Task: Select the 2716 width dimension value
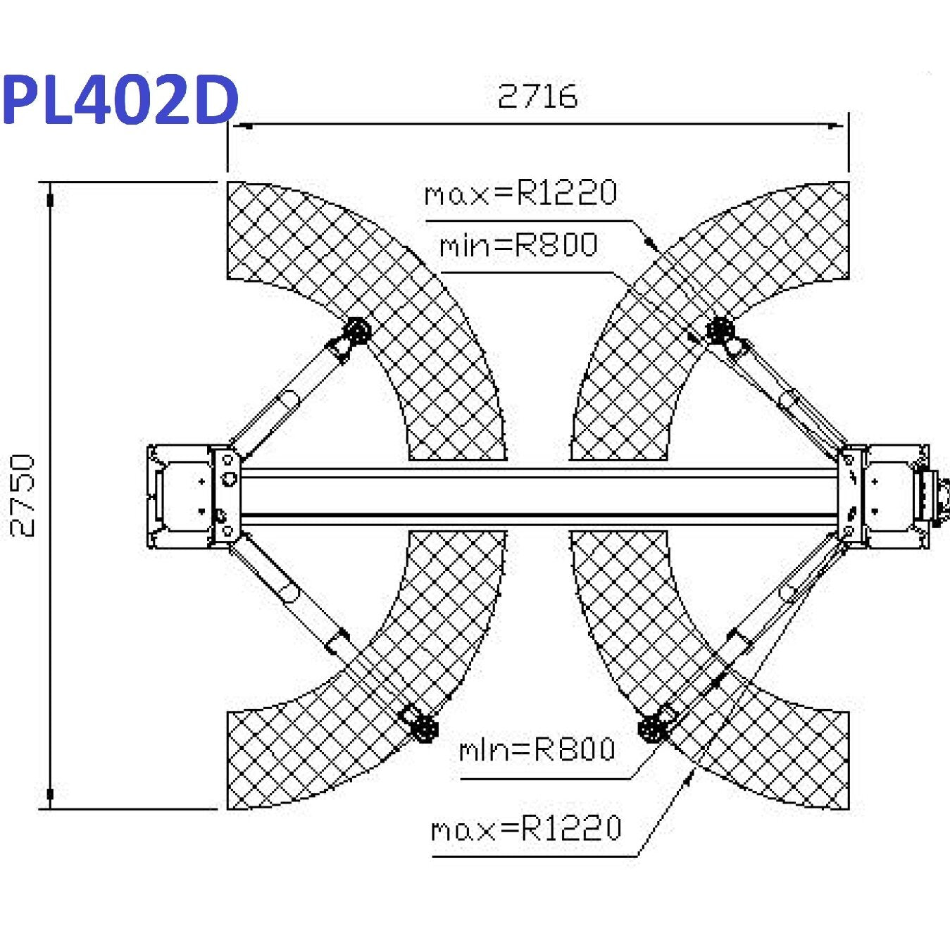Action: pos(537,96)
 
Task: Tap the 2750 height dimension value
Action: pos(23,496)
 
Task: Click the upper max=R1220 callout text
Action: pos(520,192)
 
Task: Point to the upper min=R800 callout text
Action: pos(518,245)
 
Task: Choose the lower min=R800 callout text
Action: pos(537,749)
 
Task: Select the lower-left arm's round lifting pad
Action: pos(424,727)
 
